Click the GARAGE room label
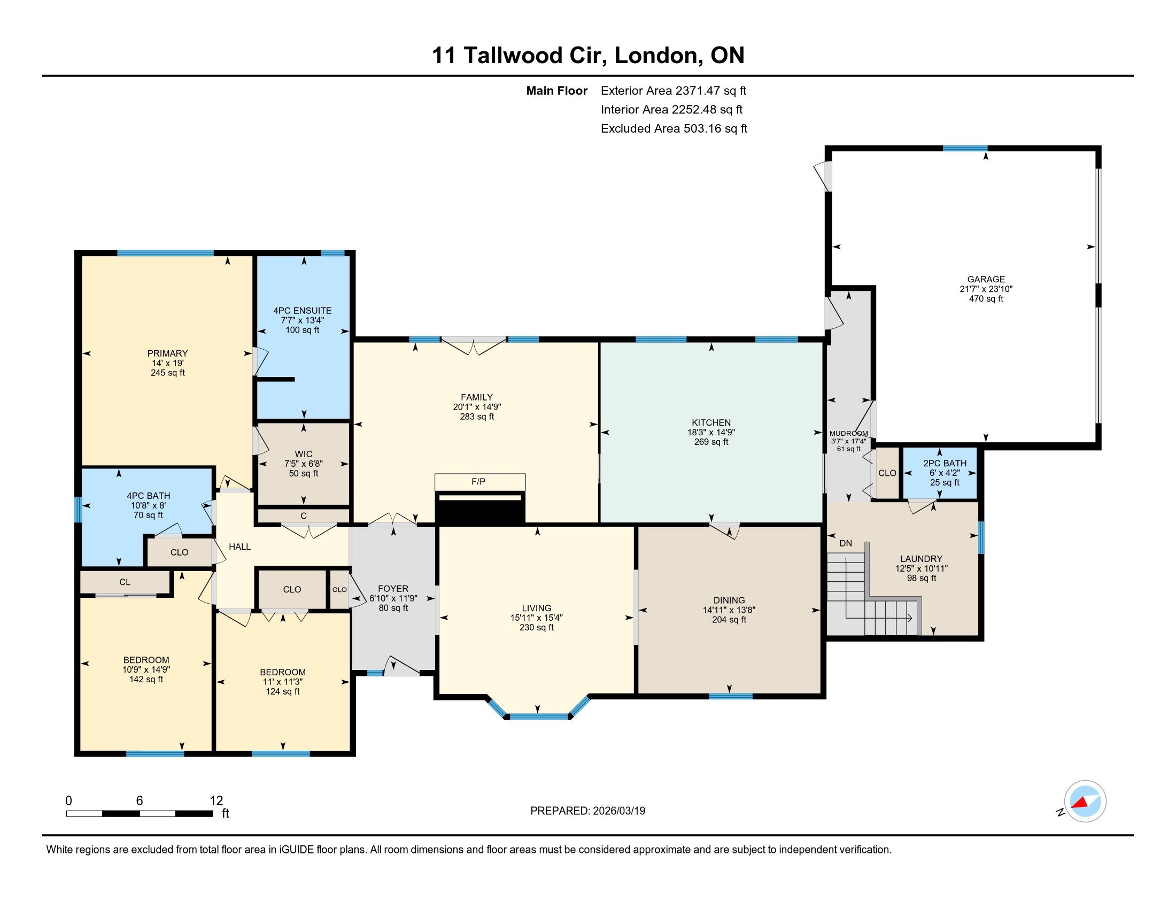point(986,279)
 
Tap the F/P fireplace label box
point(480,481)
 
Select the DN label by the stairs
point(846,543)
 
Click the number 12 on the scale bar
point(216,800)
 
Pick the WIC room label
point(304,454)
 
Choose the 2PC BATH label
point(945,463)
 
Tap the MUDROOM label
point(849,434)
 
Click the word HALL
point(239,546)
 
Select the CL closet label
point(125,582)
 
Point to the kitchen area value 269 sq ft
point(711,442)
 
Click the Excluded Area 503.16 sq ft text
point(674,129)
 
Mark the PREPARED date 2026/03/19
point(618,811)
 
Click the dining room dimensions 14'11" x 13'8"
point(729,610)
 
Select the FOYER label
point(393,589)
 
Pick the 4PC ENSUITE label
point(303,311)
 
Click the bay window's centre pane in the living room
point(538,716)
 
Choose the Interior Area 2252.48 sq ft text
point(671,110)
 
